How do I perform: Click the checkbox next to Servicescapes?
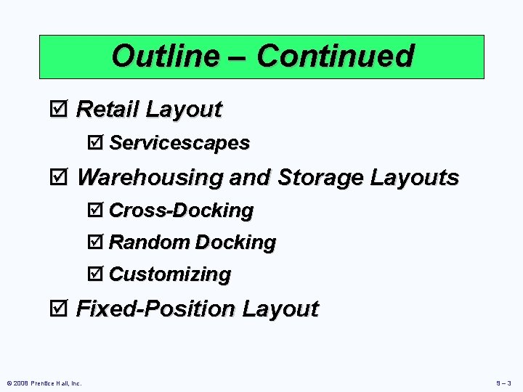tap(98, 143)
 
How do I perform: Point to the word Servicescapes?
tap(179, 143)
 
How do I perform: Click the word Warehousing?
tap(149, 177)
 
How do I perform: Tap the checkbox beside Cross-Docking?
tap(98, 211)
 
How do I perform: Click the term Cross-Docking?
tap(181, 211)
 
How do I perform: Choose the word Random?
tap(150, 242)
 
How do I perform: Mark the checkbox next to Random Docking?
tap(98, 242)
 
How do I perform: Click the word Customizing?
tap(170, 274)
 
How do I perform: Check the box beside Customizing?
tap(98, 274)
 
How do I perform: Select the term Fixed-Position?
tap(155, 309)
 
